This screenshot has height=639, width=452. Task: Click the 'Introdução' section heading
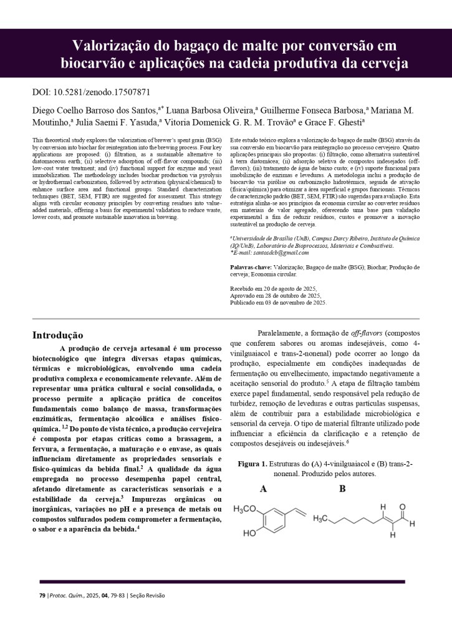click(57, 335)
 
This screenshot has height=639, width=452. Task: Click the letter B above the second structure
click(342, 489)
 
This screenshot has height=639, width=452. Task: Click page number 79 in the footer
click(42, 595)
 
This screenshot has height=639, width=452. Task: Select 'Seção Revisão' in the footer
click(147, 595)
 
